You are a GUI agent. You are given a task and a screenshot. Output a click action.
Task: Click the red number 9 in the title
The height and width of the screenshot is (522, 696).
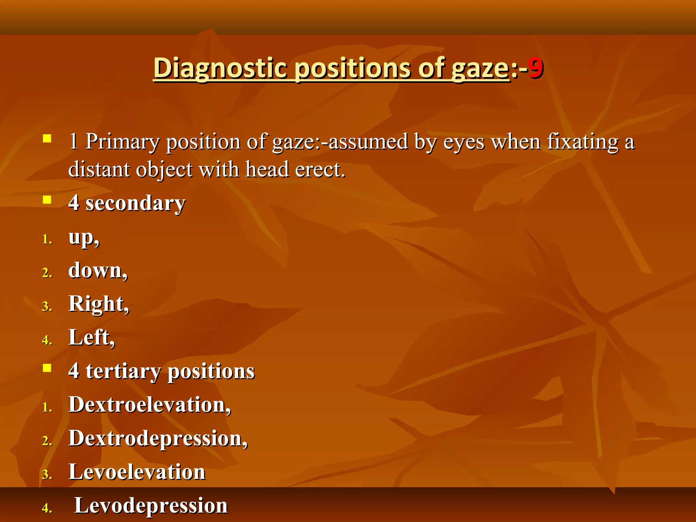[x=536, y=68]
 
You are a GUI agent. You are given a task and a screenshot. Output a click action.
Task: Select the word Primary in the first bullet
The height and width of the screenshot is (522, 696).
[x=122, y=142]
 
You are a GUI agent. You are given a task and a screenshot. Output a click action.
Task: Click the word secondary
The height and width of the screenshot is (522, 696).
[x=135, y=203]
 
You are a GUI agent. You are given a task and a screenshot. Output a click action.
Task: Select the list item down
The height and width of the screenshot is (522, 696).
[x=97, y=271]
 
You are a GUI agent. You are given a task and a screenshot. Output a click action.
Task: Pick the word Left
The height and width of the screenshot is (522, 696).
[x=91, y=337]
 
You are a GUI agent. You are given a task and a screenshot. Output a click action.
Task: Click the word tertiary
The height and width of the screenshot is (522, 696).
[x=123, y=371]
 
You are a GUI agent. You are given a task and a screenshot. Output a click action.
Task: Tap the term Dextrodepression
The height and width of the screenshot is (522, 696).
[x=157, y=438]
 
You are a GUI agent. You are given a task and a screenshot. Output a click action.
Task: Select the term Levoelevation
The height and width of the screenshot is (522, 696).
[x=137, y=472]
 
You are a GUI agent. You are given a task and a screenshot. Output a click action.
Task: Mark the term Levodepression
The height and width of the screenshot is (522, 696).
[x=151, y=505]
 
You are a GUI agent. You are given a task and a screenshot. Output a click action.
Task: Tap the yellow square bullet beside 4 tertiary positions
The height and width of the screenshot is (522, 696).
[x=47, y=368]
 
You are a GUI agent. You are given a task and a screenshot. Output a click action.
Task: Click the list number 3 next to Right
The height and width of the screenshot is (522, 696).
[x=47, y=307]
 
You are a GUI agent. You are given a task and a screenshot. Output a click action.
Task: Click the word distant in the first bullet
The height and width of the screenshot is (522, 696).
[x=99, y=169]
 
